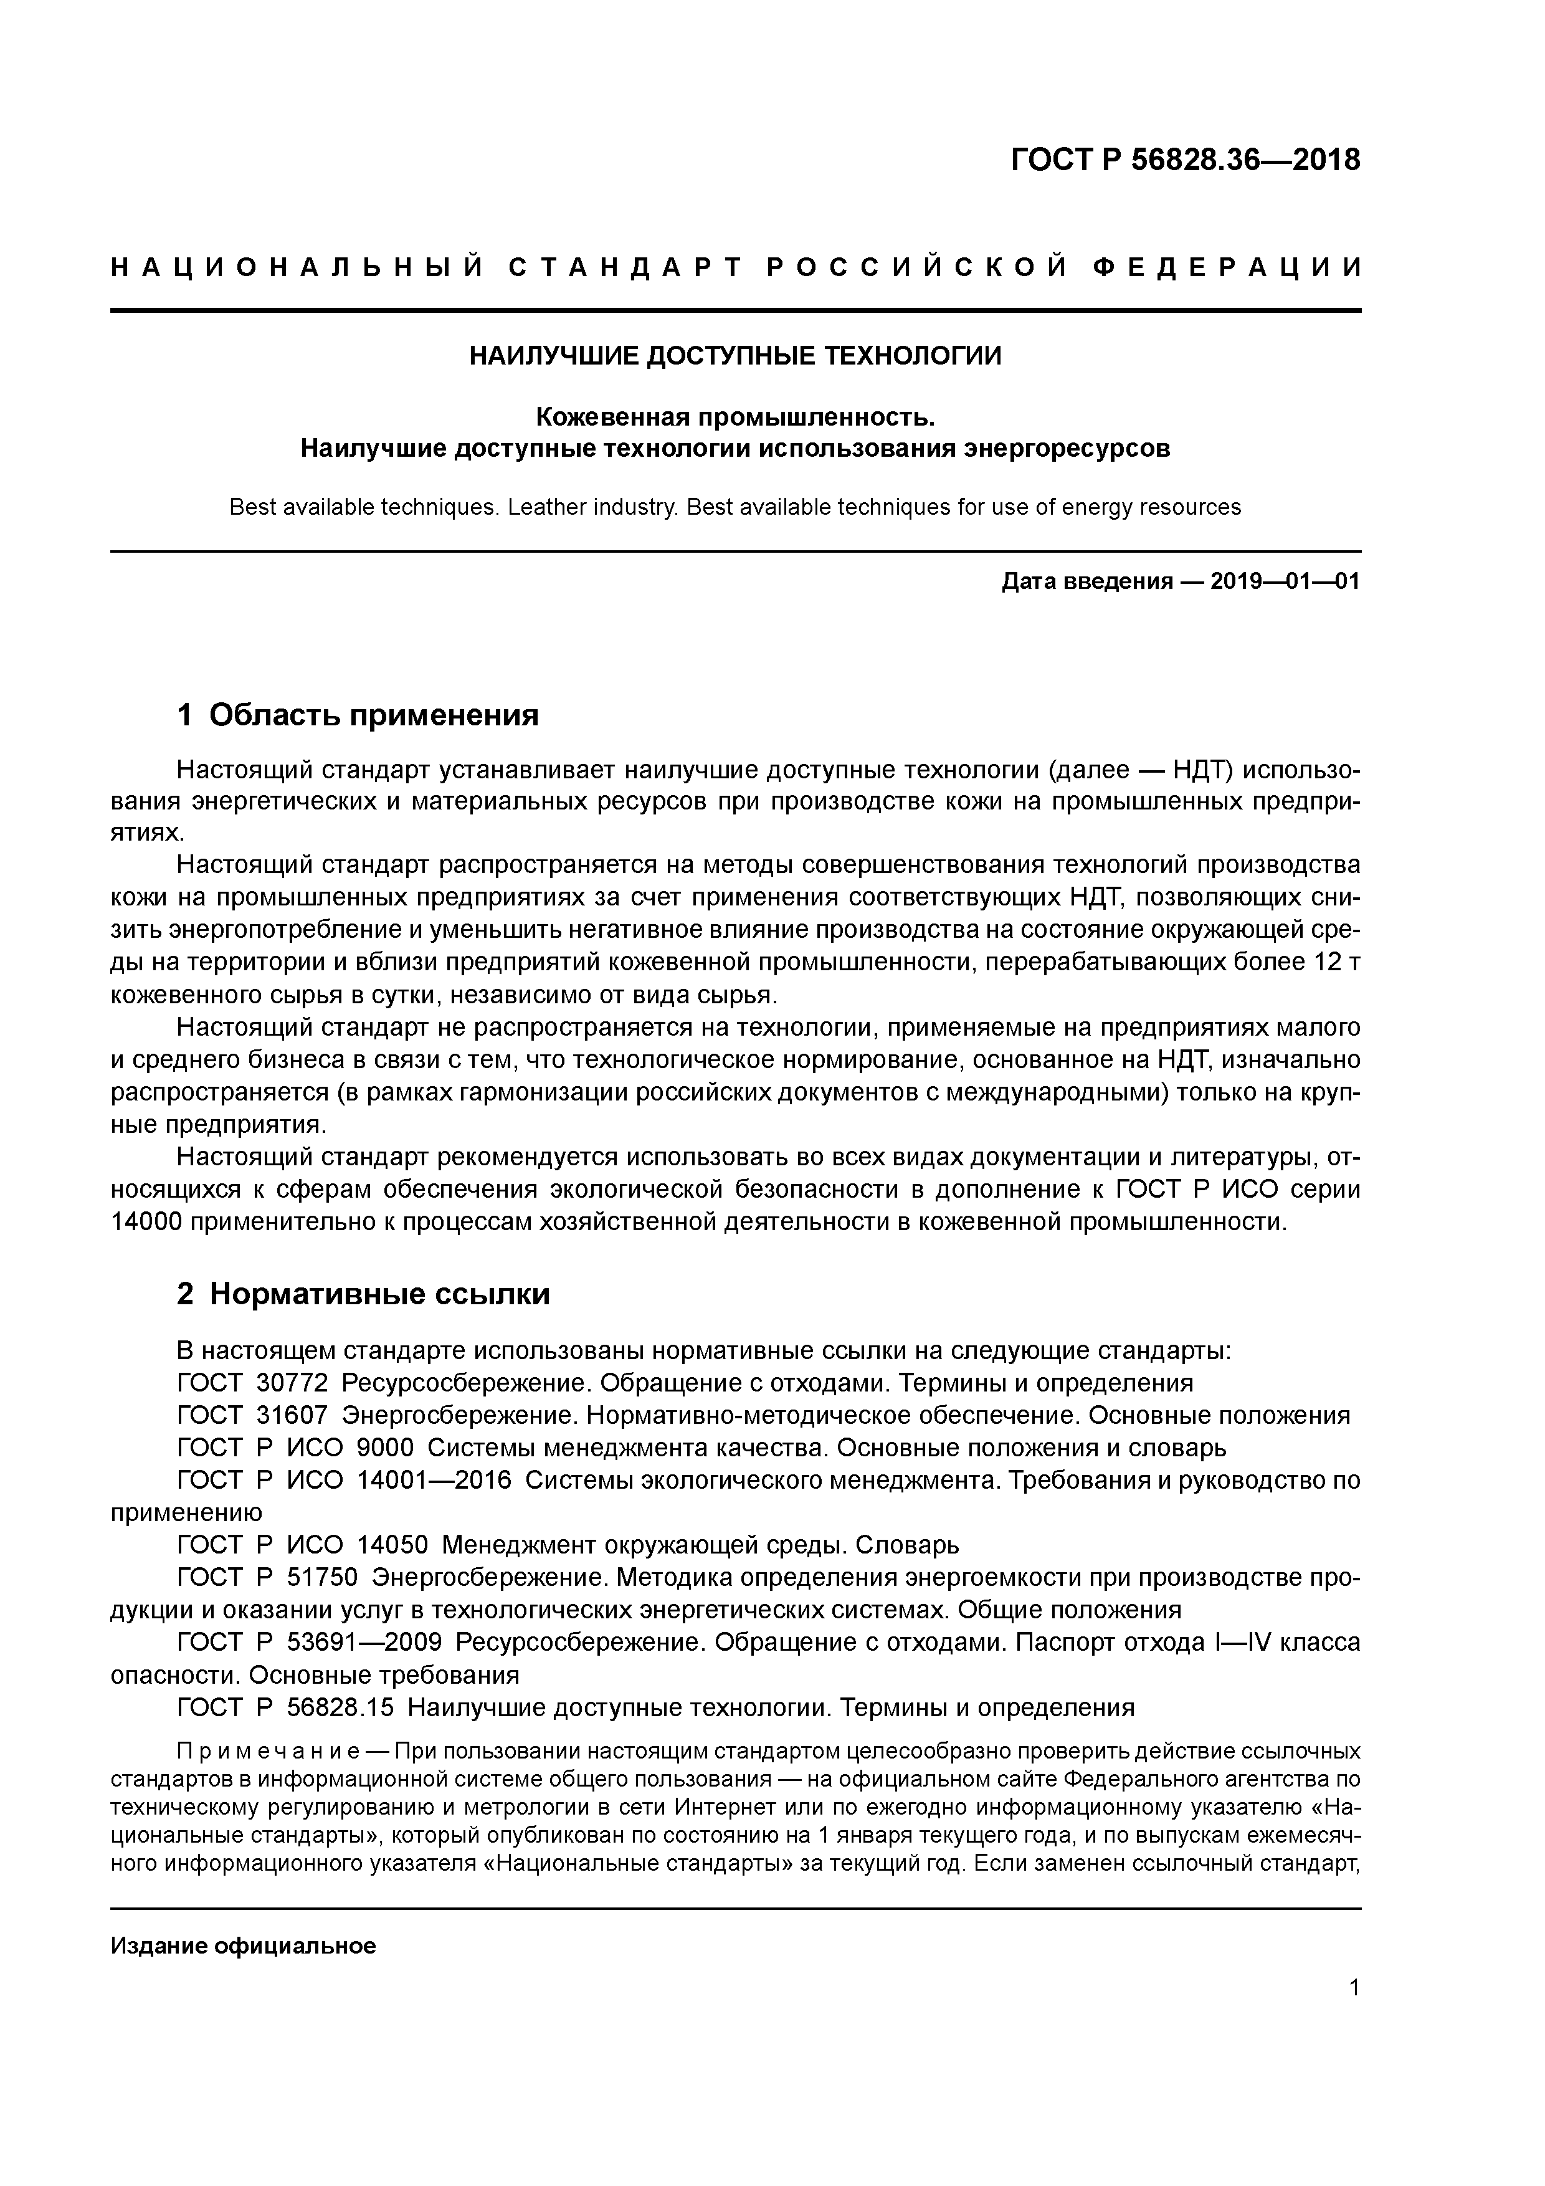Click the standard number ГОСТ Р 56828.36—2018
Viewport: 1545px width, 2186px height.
point(1184,161)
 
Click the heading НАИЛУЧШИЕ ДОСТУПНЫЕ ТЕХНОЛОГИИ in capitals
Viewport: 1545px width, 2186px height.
point(735,356)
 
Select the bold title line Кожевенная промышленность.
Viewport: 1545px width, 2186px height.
point(735,417)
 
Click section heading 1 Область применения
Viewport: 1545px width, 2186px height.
point(358,715)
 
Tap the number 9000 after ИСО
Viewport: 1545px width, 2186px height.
point(384,1447)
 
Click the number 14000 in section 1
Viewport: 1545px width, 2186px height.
point(146,1221)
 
